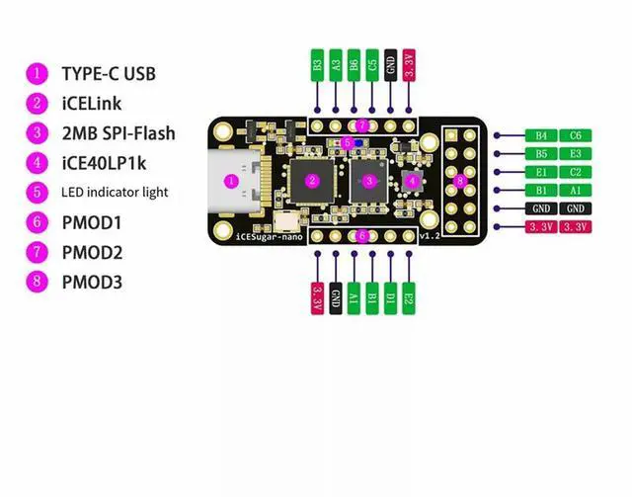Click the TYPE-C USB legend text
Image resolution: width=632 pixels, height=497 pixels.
(109, 74)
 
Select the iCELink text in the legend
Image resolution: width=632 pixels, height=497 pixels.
(92, 104)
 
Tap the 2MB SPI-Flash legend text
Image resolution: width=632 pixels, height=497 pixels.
(118, 133)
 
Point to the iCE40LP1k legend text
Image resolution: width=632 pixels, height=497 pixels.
(104, 163)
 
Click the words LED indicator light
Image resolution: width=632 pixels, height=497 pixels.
(115, 193)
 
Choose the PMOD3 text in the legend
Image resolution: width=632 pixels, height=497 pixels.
(92, 282)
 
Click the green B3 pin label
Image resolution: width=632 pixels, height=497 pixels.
(318, 65)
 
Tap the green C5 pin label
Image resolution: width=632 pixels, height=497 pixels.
(372, 65)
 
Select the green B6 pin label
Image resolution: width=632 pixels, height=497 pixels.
(354, 65)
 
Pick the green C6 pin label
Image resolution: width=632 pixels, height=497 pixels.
(576, 135)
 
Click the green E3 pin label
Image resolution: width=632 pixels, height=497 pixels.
(576, 154)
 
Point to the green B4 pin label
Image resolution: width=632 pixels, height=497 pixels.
(541, 135)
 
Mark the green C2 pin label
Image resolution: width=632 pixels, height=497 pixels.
(576, 172)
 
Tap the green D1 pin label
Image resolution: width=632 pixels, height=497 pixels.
(391, 298)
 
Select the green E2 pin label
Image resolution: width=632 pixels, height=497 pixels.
(409, 298)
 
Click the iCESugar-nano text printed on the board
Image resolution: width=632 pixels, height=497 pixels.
(269, 237)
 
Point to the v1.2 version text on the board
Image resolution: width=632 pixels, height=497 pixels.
(430, 236)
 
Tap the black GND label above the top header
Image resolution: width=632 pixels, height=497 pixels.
(391, 65)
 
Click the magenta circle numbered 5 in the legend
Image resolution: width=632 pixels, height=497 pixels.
(38, 193)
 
